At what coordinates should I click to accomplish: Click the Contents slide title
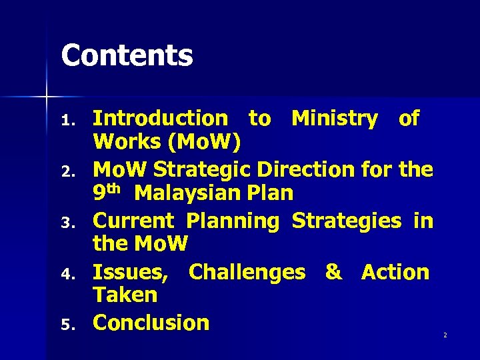click(x=127, y=55)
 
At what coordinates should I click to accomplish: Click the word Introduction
click(x=160, y=119)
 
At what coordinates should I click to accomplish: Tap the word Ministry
click(x=335, y=119)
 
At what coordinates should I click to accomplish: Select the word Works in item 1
click(x=123, y=142)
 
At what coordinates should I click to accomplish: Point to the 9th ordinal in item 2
click(x=106, y=192)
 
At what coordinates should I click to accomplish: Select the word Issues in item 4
click(x=131, y=273)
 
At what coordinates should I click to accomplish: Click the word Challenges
click(x=247, y=272)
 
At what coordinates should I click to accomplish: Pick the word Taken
click(x=125, y=295)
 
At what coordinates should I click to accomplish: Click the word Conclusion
click(x=151, y=323)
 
